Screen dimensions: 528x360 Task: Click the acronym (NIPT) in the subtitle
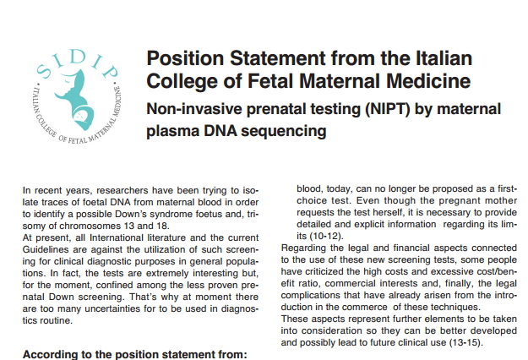(388, 109)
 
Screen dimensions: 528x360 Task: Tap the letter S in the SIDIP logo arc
(44, 70)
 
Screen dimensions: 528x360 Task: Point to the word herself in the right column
(389, 212)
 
